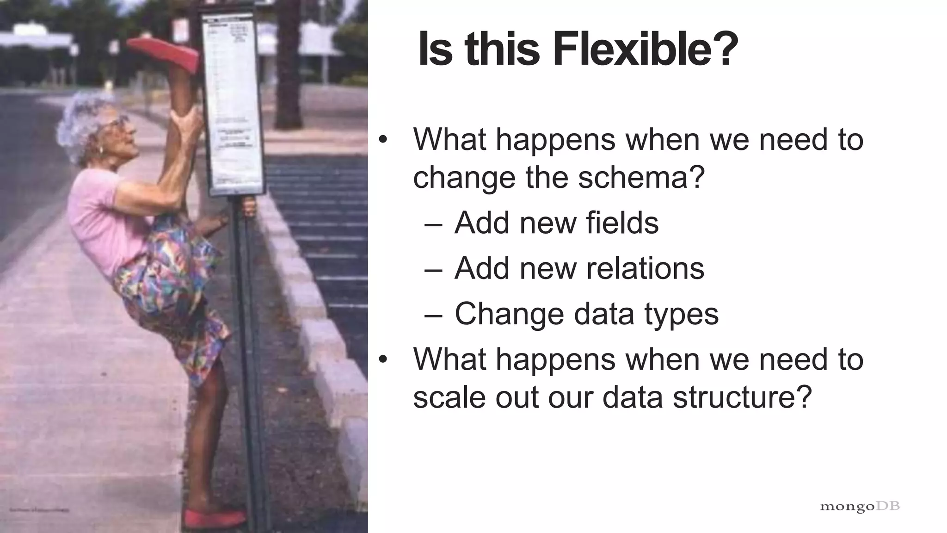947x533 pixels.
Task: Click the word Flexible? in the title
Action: [x=646, y=50]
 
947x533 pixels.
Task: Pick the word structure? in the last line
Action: [x=742, y=397]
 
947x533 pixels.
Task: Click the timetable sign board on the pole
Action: [x=234, y=102]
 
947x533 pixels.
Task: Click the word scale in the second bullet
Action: [x=448, y=397]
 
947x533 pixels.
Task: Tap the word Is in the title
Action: [x=434, y=50]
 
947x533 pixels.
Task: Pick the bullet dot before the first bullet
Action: [x=382, y=140]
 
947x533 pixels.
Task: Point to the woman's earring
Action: [x=100, y=150]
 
